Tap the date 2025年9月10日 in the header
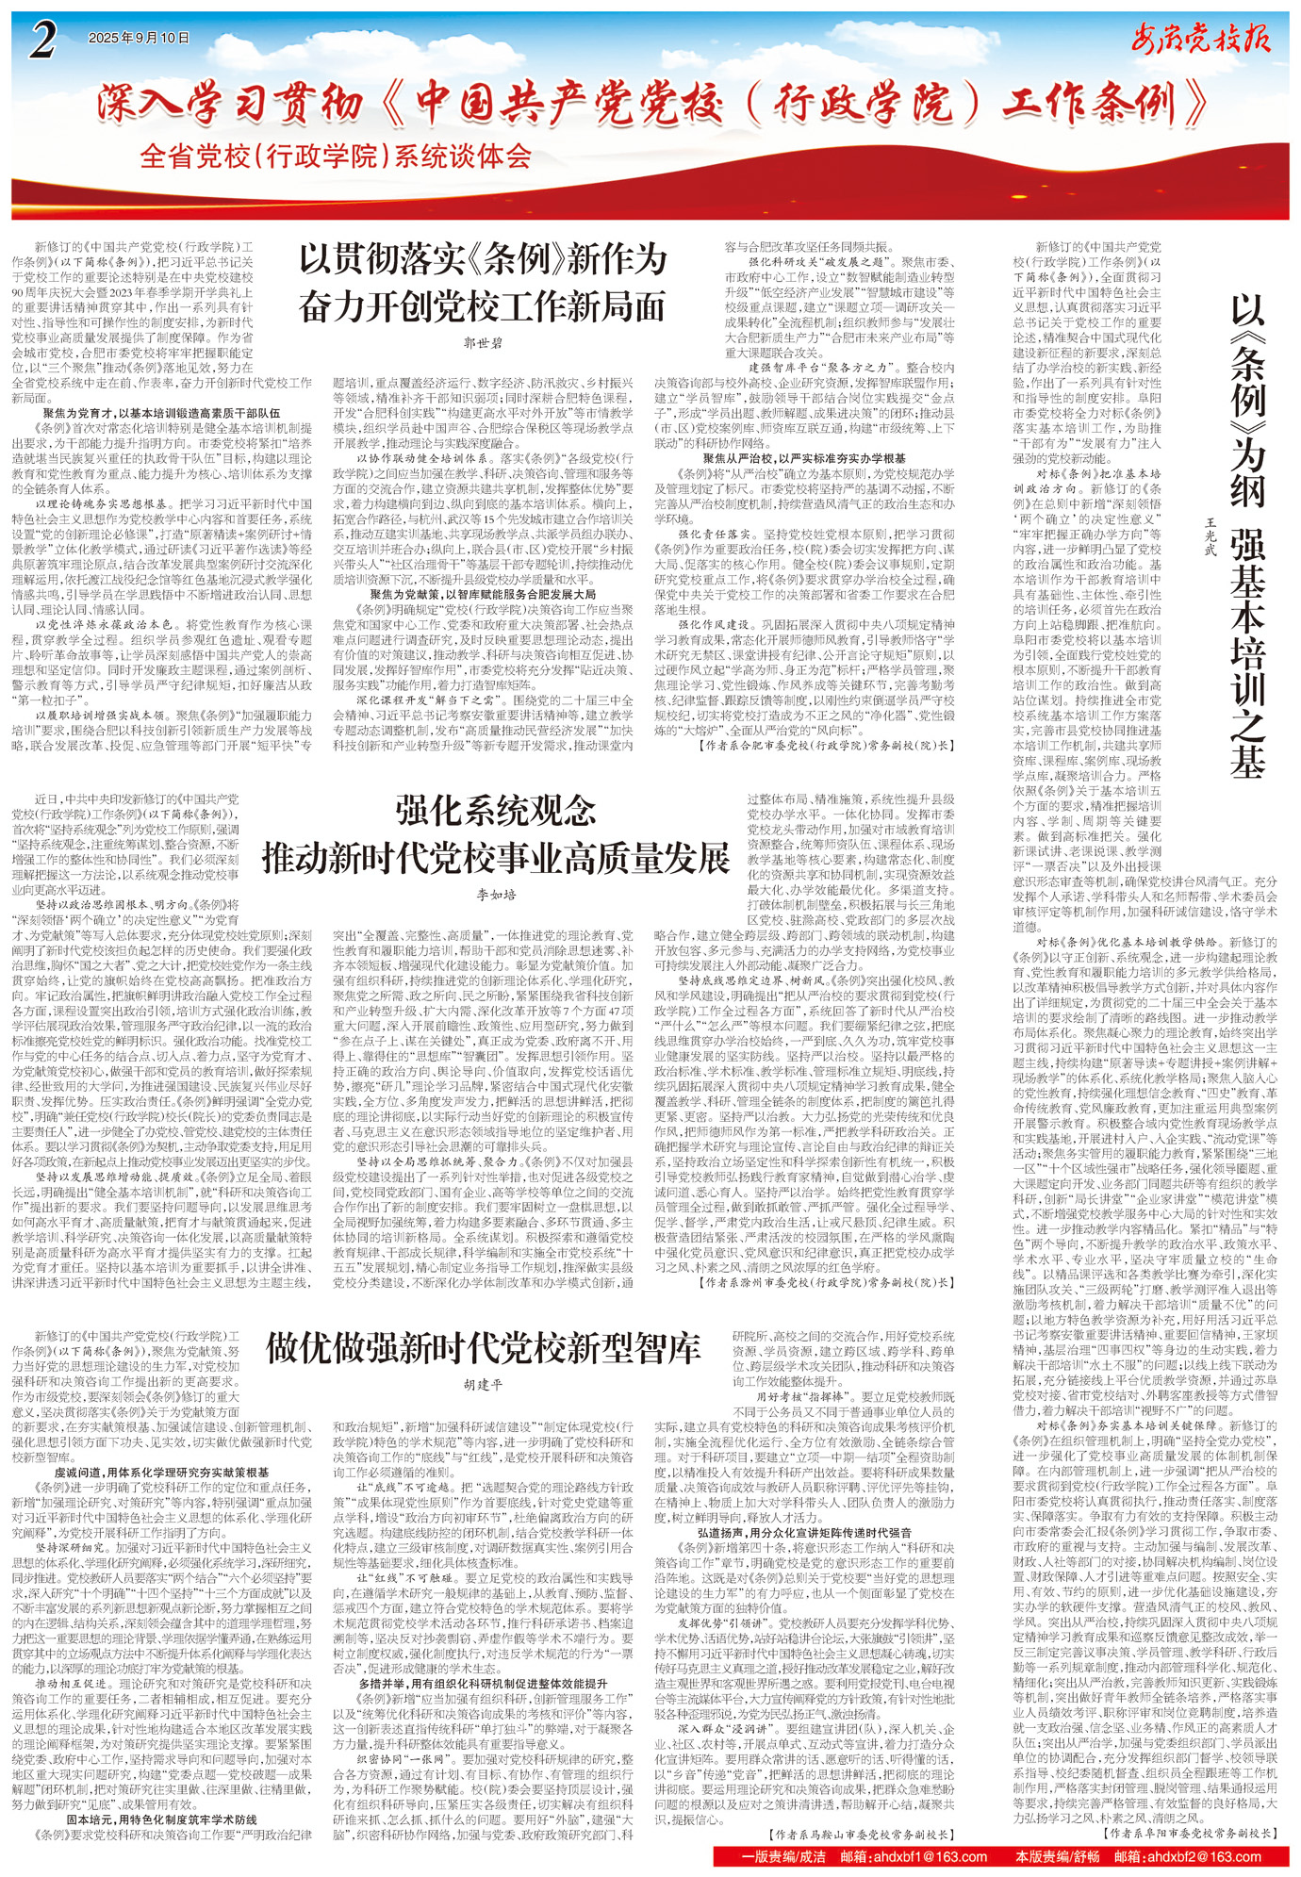pyautogui.click(x=139, y=39)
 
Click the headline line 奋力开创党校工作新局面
pyautogui.click(x=483, y=305)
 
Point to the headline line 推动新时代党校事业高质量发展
pyautogui.click(x=495, y=858)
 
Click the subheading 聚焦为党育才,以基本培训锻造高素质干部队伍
pyautogui.click(x=161, y=413)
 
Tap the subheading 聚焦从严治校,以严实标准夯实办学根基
pyautogui.click(x=804, y=458)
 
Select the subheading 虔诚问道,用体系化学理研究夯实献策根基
pyautogui.click(x=161, y=1472)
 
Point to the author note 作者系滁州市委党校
pyautogui.click(x=830, y=1282)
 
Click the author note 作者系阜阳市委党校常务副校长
pyautogui.click(x=1192, y=1834)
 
